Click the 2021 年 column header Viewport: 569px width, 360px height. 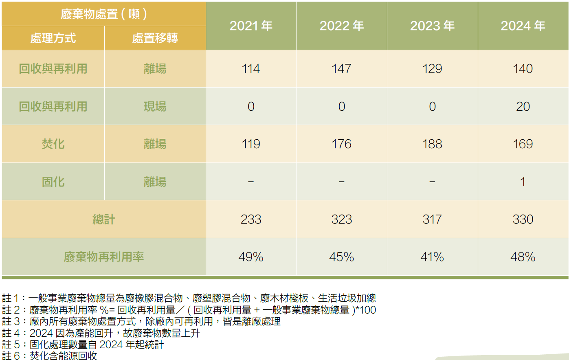251,26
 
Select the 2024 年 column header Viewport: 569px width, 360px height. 523,26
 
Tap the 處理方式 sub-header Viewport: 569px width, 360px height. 53,38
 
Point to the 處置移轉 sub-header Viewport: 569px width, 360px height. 155,38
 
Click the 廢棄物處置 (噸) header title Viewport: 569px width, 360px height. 103,14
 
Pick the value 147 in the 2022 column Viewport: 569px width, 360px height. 341,69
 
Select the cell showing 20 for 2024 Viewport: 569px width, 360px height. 523,107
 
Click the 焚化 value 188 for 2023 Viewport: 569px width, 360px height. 432,144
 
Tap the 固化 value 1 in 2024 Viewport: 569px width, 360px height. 523,182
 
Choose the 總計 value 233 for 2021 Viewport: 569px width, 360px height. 251,220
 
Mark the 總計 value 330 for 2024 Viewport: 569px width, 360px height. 523,220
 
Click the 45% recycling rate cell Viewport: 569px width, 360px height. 341,257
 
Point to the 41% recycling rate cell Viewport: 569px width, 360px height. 432,257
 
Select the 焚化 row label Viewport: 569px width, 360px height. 53,144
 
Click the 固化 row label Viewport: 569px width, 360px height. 53,182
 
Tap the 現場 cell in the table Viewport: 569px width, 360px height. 155,107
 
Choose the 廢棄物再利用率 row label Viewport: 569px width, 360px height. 103,257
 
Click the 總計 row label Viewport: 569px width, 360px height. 103,220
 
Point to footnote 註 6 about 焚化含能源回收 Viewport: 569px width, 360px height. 50,356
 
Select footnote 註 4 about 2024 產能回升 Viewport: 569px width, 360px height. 101,333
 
